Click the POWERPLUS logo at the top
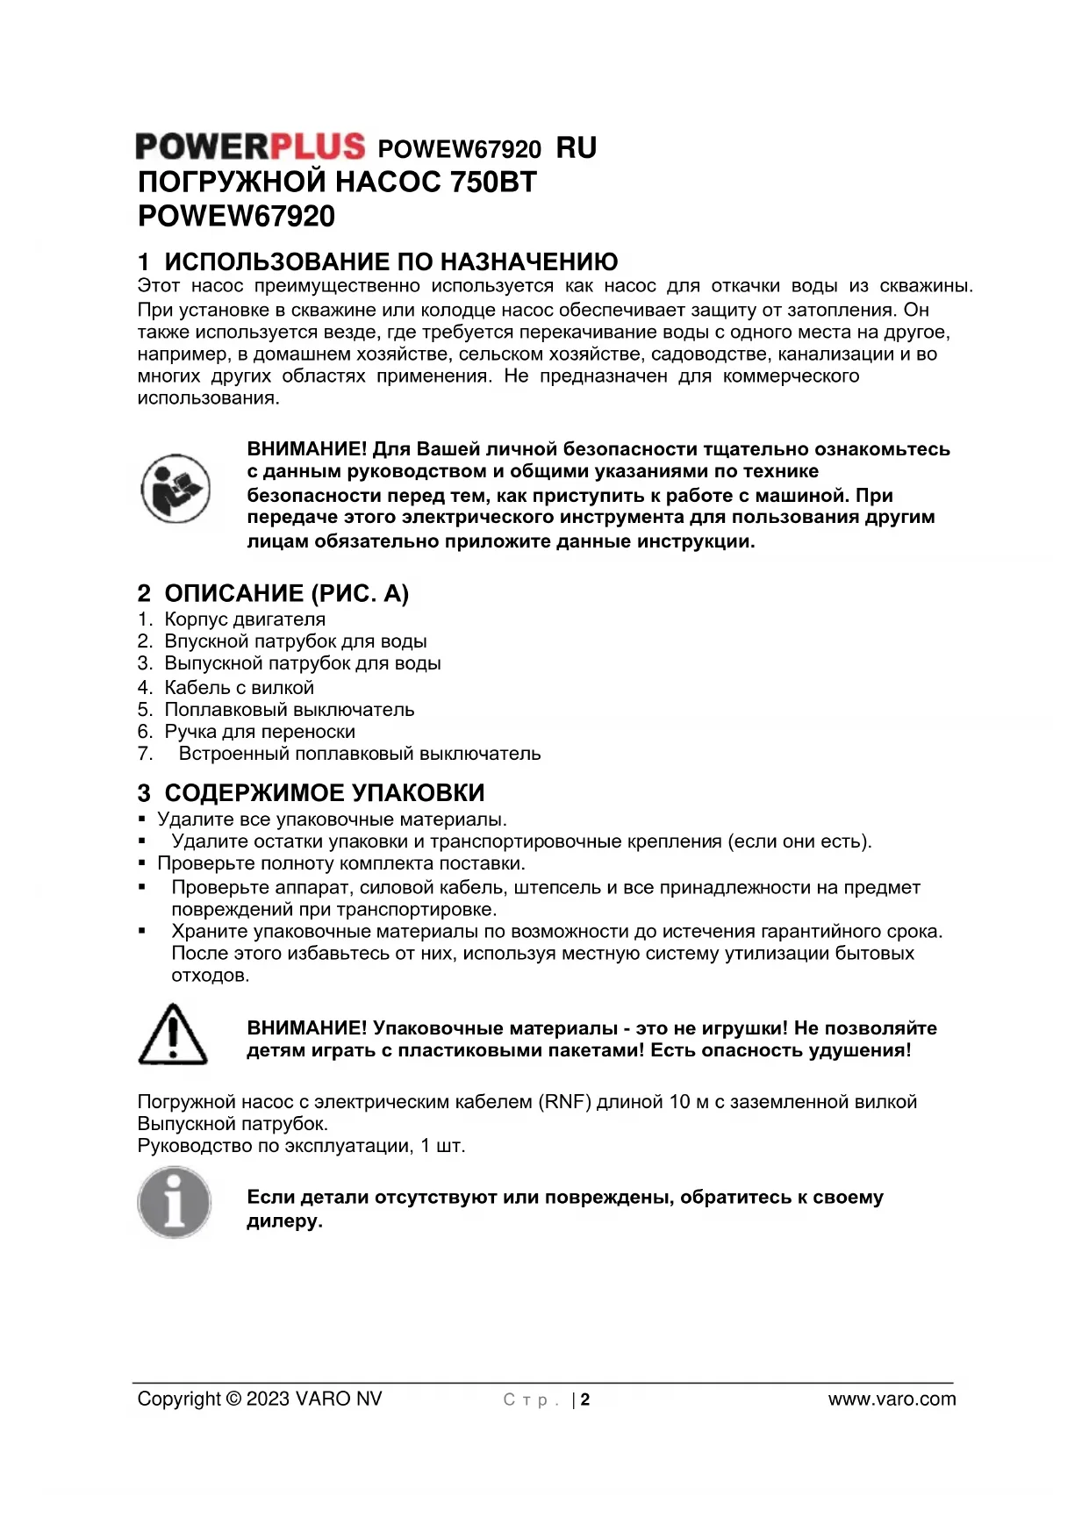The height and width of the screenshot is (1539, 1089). point(250,147)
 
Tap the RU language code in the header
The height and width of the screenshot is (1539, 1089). point(577,148)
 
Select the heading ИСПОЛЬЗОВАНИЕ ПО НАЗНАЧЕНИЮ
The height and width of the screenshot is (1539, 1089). point(390,261)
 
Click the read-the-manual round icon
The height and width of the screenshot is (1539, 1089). point(176,488)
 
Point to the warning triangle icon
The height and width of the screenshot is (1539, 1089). point(173,1034)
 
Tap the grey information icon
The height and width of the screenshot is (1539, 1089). point(175,1202)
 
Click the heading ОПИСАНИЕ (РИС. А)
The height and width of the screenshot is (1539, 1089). point(286,594)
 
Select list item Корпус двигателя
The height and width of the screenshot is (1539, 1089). point(245,619)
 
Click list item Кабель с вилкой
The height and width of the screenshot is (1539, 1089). point(239,688)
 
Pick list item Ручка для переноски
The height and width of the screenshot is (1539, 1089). point(260,732)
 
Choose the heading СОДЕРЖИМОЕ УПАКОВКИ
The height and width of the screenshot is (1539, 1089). point(324,793)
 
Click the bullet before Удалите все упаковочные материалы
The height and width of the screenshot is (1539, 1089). point(141,820)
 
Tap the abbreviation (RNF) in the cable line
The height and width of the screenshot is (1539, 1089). point(564,1102)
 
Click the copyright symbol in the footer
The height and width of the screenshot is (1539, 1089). point(233,1399)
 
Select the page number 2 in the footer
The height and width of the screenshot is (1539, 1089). point(585,1400)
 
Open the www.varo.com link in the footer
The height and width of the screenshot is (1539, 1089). point(892,1399)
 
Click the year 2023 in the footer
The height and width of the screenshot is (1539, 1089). point(268,1399)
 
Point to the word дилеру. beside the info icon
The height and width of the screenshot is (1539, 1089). point(284,1221)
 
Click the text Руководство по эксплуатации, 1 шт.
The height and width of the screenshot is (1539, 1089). point(301,1146)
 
